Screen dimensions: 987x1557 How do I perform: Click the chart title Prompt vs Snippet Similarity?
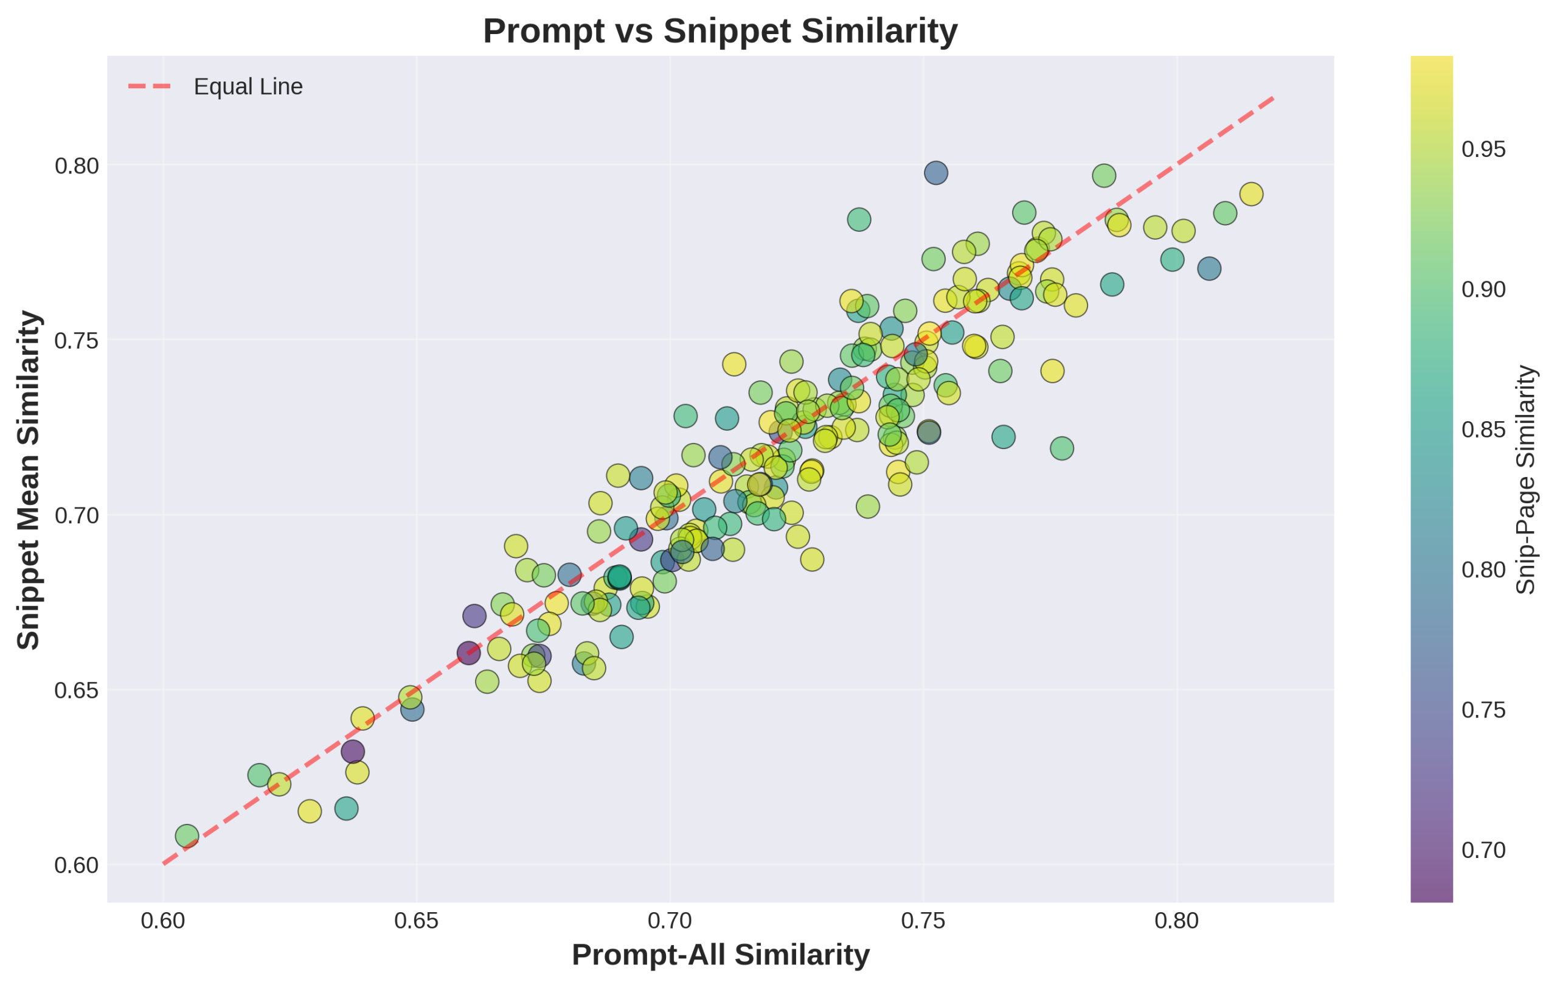(x=720, y=31)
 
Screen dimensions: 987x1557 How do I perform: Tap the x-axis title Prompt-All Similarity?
(x=720, y=955)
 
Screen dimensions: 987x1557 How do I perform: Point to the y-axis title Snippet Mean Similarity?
(x=29, y=480)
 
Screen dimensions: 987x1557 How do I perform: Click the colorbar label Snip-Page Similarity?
(x=1526, y=480)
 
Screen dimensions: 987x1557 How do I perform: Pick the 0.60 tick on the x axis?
(x=163, y=921)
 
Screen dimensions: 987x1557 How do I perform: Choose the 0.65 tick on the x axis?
(x=417, y=921)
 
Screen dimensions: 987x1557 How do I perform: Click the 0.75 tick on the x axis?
(x=923, y=921)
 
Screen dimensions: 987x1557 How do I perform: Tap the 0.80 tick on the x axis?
(x=1177, y=921)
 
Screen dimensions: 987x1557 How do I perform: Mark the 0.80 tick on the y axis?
(x=76, y=166)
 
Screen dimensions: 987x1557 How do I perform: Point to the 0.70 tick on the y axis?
(x=76, y=516)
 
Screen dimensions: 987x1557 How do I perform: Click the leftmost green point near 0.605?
(x=187, y=835)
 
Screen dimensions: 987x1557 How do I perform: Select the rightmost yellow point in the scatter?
(x=1251, y=194)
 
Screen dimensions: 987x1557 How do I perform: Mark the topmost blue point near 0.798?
(x=935, y=173)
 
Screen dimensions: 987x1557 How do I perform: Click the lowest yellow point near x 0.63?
(x=310, y=811)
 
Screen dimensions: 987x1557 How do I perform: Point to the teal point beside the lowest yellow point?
(x=347, y=809)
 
